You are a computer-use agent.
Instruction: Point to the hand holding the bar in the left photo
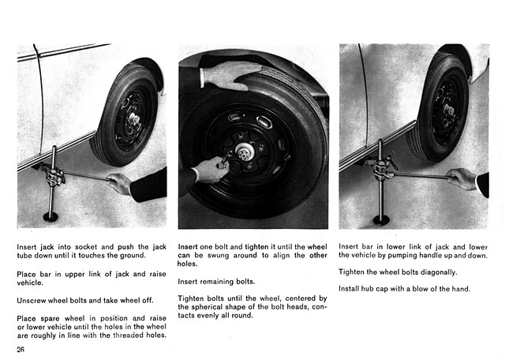119,183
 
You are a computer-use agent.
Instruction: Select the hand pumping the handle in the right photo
463,178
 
